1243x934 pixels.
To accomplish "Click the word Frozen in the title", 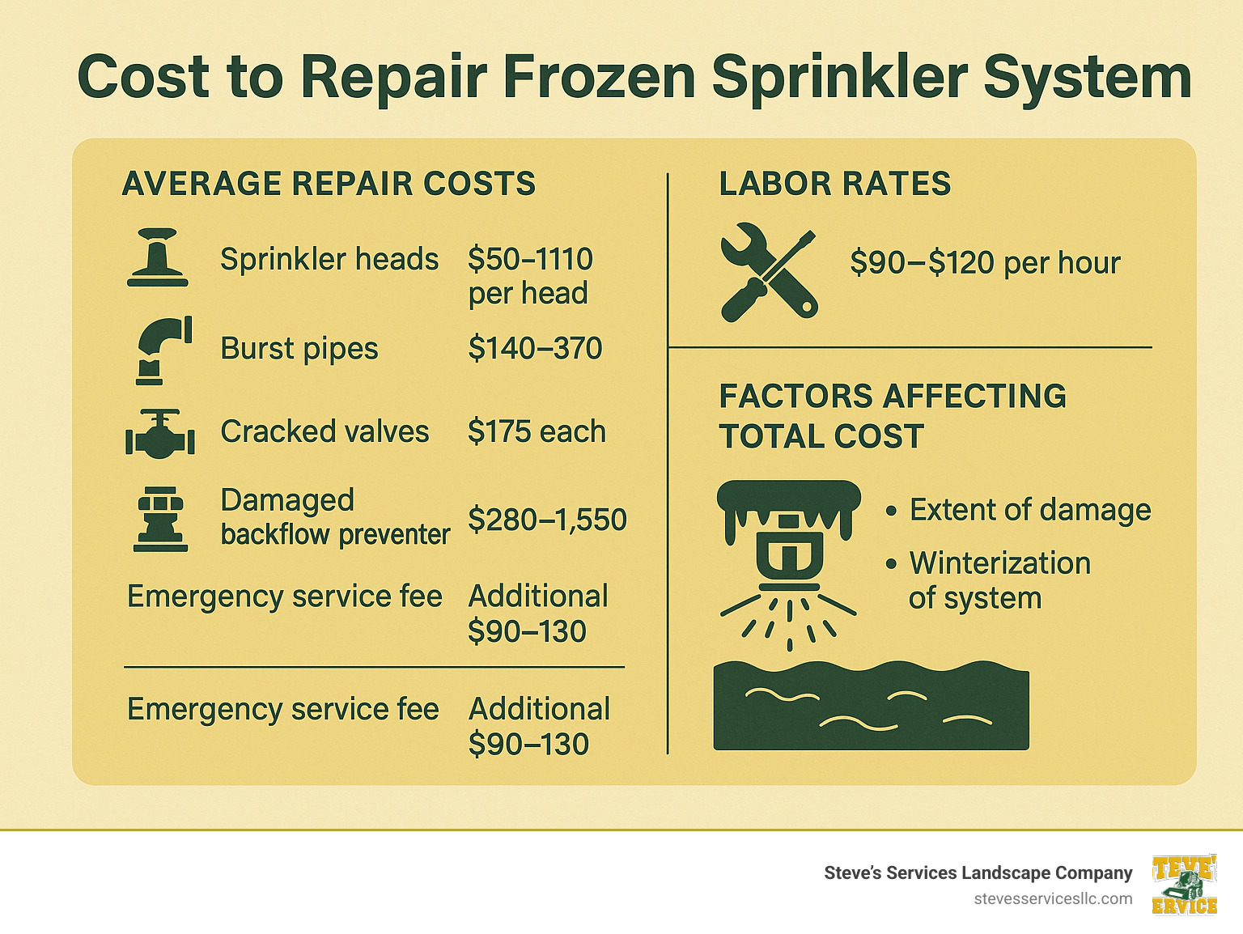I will pyautogui.click(x=599, y=78).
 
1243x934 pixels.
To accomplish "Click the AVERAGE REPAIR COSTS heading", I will pyautogui.click(x=329, y=184).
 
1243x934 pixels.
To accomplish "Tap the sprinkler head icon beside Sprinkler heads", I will pyautogui.click(x=158, y=257).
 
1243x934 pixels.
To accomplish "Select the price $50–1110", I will pyautogui.click(x=530, y=259).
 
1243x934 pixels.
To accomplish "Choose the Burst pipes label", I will pyautogui.click(x=299, y=349).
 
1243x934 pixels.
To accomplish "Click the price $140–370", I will pyautogui.click(x=535, y=349).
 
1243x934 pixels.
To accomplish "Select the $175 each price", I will pyautogui.click(x=537, y=431).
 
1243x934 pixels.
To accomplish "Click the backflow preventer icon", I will pyautogui.click(x=160, y=519).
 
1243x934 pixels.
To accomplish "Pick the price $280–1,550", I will pyautogui.click(x=547, y=520).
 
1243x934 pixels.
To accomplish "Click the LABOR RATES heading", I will pyautogui.click(x=834, y=184).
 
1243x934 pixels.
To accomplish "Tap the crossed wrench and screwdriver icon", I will pyautogui.click(x=768, y=272).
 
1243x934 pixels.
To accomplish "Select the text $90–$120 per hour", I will pyautogui.click(x=985, y=263).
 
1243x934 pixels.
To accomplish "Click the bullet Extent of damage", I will pyautogui.click(x=1029, y=510).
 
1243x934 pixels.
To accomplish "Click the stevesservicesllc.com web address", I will pyautogui.click(x=1053, y=899).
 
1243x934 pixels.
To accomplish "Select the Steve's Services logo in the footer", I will pyautogui.click(x=1185, y=885).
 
